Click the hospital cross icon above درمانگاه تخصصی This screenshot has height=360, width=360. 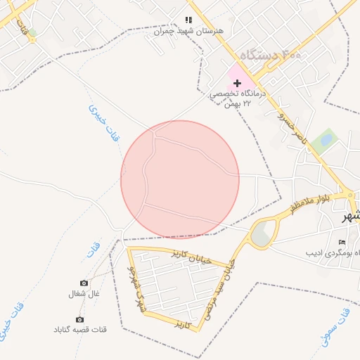(237, 83)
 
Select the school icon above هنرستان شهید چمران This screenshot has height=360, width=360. (188, 20)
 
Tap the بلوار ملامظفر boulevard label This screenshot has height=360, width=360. (312, 202)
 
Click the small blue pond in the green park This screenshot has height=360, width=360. (327, 140)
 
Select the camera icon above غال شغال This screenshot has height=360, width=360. (84, 283)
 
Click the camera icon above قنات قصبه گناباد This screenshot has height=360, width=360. (79, 319)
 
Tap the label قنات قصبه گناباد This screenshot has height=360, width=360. (79, 330)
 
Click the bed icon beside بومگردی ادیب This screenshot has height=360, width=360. (342, 243)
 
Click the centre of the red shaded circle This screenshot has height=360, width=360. (180, 180)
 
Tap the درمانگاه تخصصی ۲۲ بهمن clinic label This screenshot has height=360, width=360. (239, 98)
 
